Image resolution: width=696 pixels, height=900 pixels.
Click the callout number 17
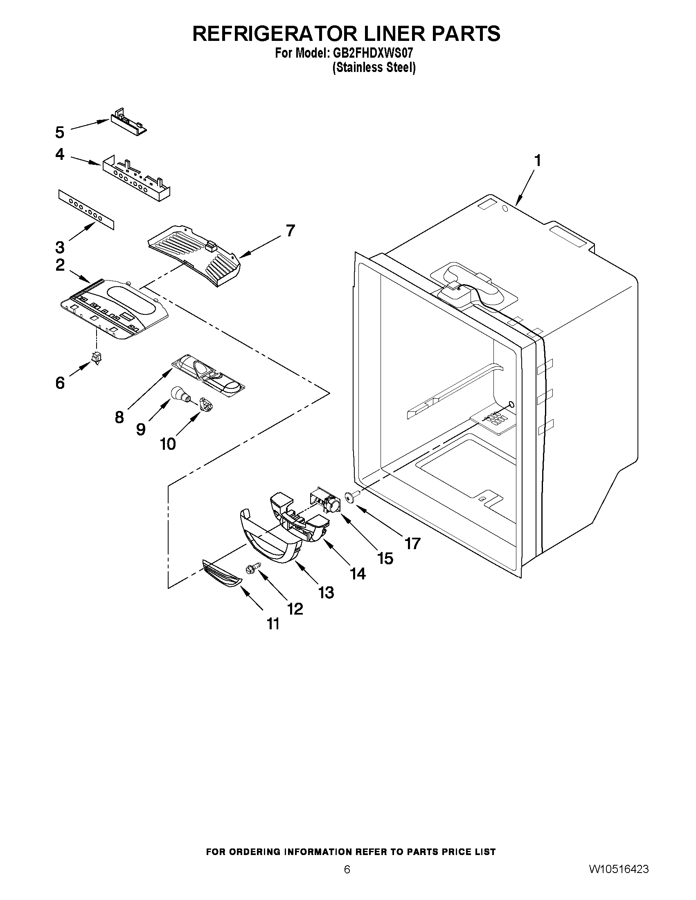point(412,543)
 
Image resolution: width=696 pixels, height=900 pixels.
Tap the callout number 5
point(60,132)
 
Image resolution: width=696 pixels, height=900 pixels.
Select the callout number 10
point(168,444)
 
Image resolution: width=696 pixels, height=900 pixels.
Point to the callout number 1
point(537,160)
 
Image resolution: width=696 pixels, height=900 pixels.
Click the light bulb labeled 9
point(179,395)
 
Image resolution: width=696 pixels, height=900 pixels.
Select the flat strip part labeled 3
point(86,209)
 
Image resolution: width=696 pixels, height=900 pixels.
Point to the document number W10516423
point(619,878)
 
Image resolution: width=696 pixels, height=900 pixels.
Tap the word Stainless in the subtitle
point(358,67)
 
